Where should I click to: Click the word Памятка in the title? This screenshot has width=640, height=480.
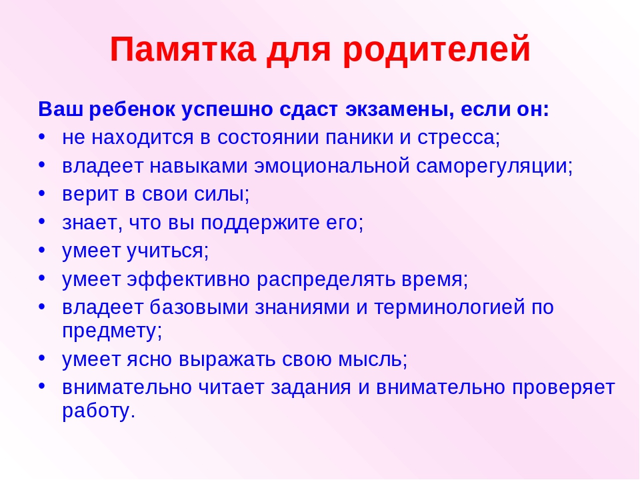[x=183, y=49]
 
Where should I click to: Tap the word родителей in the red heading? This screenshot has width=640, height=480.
[x=436, y=49]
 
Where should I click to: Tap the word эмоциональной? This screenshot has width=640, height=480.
[x=332, y=166]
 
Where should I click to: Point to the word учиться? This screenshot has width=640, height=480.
[x=168, y=251]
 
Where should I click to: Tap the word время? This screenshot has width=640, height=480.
[x=435, y=279]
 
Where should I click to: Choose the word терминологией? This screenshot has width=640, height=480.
[x=449, y=308]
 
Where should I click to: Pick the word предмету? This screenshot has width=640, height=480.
[x=112, y=331]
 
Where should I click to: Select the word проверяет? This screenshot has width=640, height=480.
[x=563, y=387]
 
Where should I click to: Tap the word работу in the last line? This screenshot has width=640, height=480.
[x=99, y=411]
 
